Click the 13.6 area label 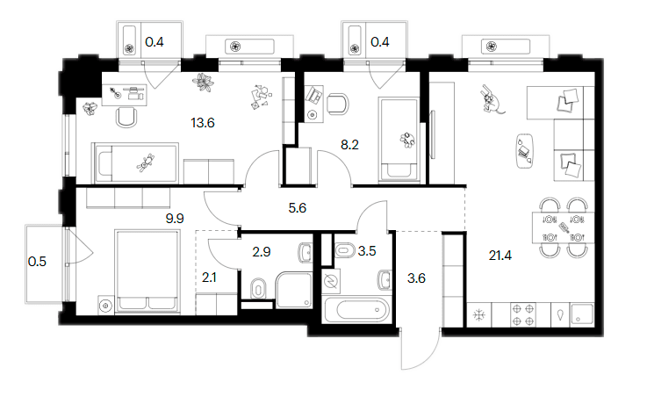[203, 123]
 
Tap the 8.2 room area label [349, 144]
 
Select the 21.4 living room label [500, 256]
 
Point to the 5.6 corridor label [297, 207]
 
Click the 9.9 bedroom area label [175, 219]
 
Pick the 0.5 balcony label [37, 262]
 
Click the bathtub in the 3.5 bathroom [357, 310]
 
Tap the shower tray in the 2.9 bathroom [294, 290]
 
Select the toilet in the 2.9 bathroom [258, 288]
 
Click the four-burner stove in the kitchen [523, 315]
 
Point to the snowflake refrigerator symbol [478, 315]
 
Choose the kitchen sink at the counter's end [582, 314]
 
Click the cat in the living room [491, 99]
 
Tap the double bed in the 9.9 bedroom [147, 271]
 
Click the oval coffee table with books [524, 151]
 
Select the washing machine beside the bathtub [330, 281]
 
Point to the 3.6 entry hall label [416, 278]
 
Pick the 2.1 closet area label [209, 278]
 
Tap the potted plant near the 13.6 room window [203, 83]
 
